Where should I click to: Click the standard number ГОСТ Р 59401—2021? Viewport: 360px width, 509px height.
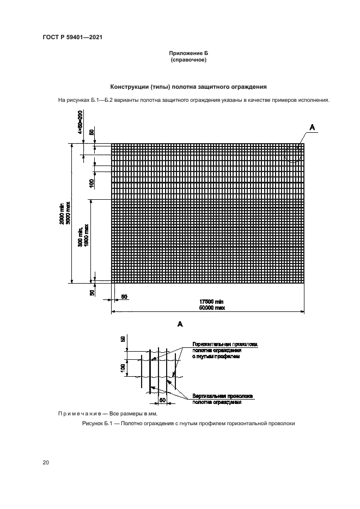(x=73, y=37)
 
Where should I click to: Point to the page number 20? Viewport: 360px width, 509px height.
(x=46, y=463)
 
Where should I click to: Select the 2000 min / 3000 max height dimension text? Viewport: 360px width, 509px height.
(x=65, y=213)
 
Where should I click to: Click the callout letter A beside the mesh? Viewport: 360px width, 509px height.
(x=312, y=127)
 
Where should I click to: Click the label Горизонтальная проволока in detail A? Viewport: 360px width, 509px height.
(x=223, y=345)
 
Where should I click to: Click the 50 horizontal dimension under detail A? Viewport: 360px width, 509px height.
(x=162, y=400)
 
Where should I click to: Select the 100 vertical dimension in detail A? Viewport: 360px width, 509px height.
(x=123, y=368)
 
